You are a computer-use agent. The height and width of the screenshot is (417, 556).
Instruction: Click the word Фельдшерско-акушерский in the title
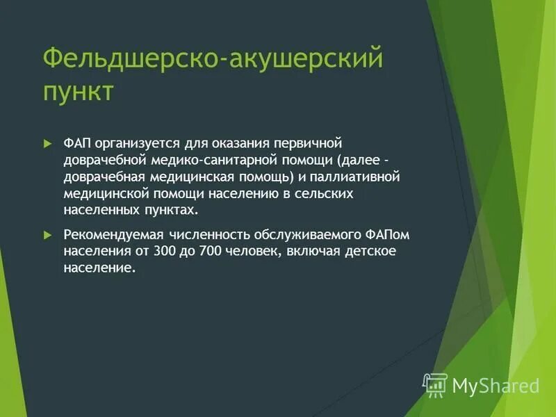[213, 58]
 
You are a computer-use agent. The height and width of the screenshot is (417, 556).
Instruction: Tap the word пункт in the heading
[78, 92]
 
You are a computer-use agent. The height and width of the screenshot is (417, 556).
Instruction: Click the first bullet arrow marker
[48, 143]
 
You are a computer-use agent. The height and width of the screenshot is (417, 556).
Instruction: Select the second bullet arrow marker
[48, 234]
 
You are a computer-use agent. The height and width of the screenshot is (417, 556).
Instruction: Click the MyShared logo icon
[436, 384]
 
